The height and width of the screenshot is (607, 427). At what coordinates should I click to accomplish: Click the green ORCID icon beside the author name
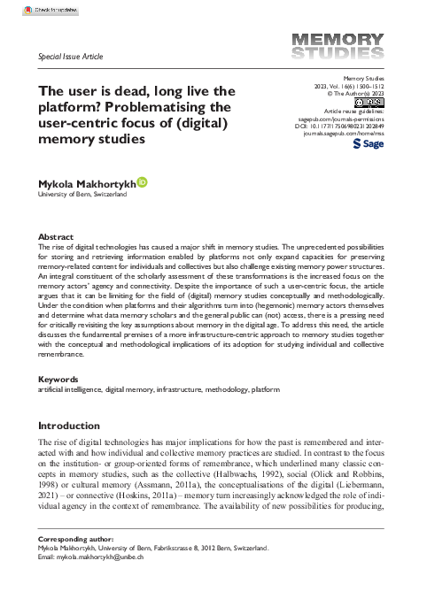143,181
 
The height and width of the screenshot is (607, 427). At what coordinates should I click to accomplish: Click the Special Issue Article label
71,57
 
